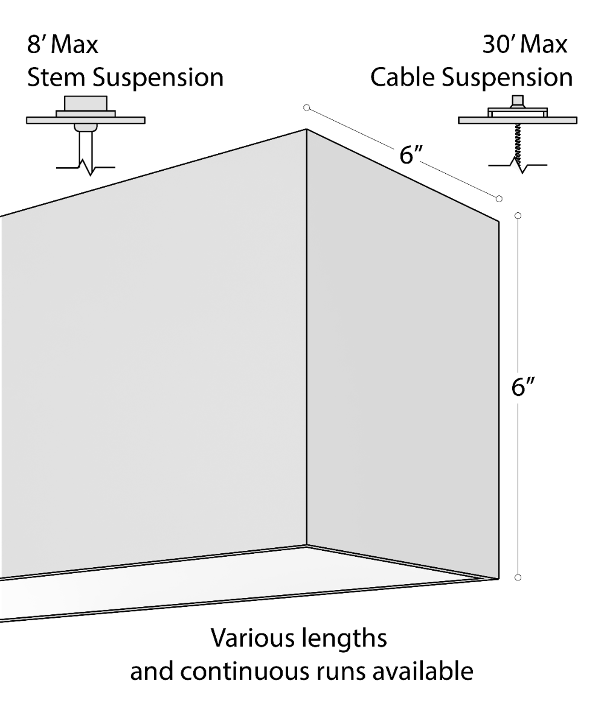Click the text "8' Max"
63,45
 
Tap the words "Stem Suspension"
125,78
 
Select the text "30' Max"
525,45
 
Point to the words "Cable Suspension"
471,78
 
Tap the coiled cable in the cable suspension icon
517,141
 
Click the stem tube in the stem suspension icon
85,145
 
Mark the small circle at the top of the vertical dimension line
518,215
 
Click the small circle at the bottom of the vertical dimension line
518,577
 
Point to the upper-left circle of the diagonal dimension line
306,107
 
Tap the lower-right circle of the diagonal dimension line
499,198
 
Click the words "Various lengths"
298,638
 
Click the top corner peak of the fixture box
306,129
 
